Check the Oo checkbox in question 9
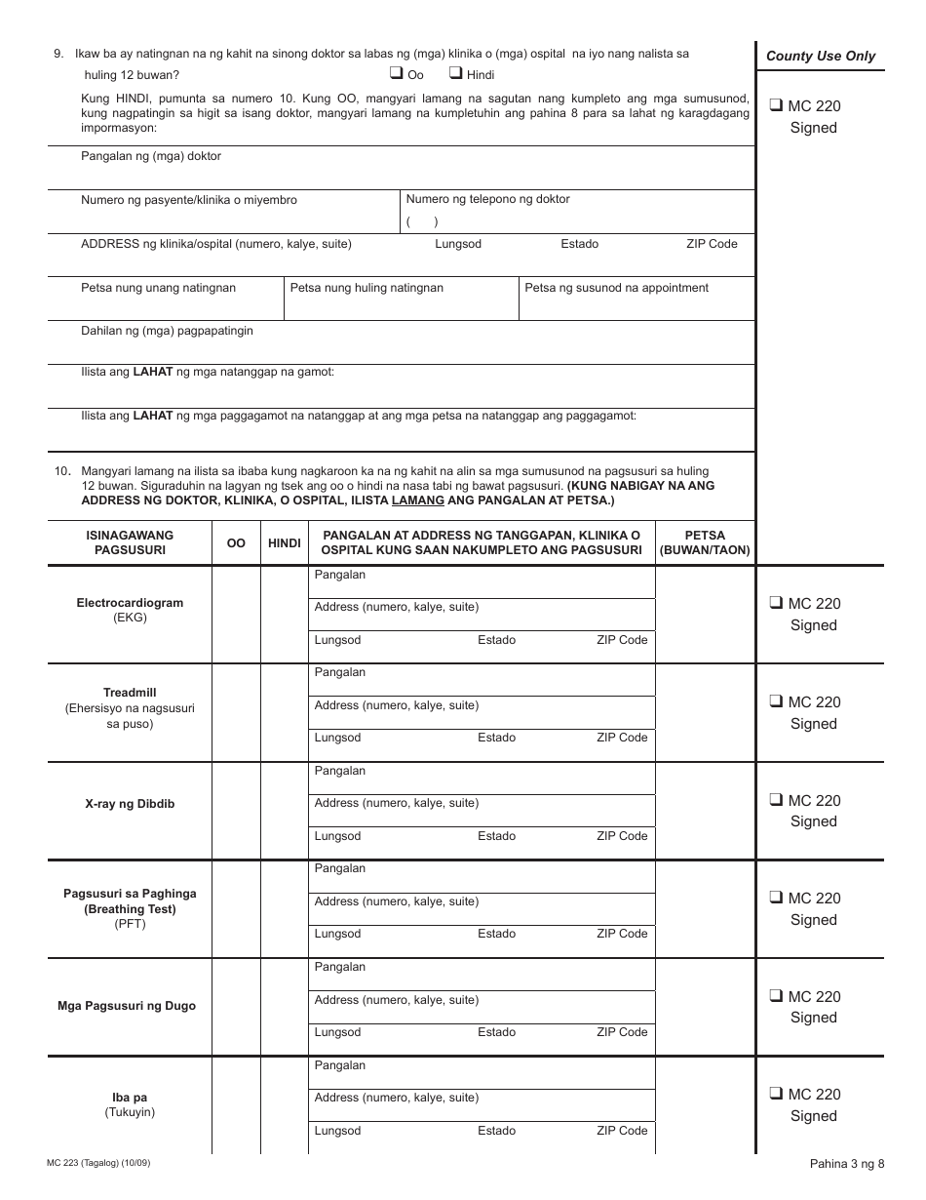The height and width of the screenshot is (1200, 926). click(397, 73)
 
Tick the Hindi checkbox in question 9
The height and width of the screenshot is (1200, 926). click(455, 73)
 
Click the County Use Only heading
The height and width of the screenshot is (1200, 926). click(821, 56)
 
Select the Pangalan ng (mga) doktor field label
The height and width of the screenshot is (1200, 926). click(151, 156)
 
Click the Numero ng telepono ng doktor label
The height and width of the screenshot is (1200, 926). click(487, 199)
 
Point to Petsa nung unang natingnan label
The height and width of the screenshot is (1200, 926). click(158, 288)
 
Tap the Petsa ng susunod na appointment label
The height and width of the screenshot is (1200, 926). click(616, 288)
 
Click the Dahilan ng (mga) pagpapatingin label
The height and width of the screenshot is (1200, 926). click(167, 331)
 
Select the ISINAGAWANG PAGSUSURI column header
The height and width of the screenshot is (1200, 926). click(130, 542)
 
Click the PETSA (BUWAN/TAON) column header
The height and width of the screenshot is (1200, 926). click(705, 542)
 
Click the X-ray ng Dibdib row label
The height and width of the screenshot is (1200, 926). click(130, 805)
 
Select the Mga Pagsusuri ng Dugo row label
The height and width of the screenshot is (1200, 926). click(130, 1006)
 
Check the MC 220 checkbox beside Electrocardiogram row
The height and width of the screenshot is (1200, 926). click(776, 603)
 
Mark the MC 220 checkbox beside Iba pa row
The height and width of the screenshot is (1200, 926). click(776, 1094)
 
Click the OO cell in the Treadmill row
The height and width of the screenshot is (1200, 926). click(236, 712)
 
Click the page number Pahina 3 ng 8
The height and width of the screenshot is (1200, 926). click(846, 1163)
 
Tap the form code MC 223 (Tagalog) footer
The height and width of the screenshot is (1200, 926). click(98, 1163)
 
